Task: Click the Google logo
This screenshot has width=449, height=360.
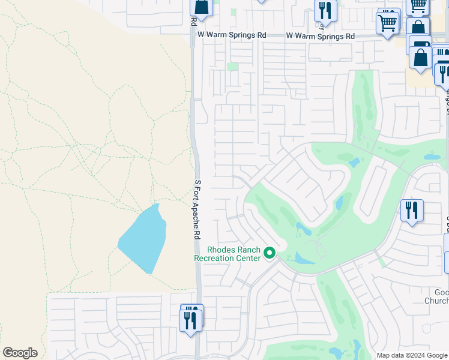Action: (x=20, y=353)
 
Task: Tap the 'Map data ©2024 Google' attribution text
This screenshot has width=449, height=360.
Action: (x=412, y=355)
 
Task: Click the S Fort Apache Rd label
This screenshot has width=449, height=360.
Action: (x=196, y=210)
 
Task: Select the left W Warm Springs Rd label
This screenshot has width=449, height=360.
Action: (x=232, y=35)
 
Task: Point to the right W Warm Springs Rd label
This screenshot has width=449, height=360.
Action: (x=320, y=36)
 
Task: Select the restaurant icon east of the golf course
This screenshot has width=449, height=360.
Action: (x=412, y=211)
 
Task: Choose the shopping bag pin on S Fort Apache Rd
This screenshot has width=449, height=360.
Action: (x=201, y=7)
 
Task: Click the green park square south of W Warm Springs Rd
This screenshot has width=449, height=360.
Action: (x=232, y=67)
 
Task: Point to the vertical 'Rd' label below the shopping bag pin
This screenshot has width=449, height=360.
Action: (x=193, y=21)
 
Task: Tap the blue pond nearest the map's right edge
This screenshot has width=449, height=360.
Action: (x=432, y=157)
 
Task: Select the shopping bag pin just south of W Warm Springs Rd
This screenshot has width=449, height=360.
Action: (x=421, y=58)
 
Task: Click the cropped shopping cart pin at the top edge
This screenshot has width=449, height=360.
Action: (x=418, y=5)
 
